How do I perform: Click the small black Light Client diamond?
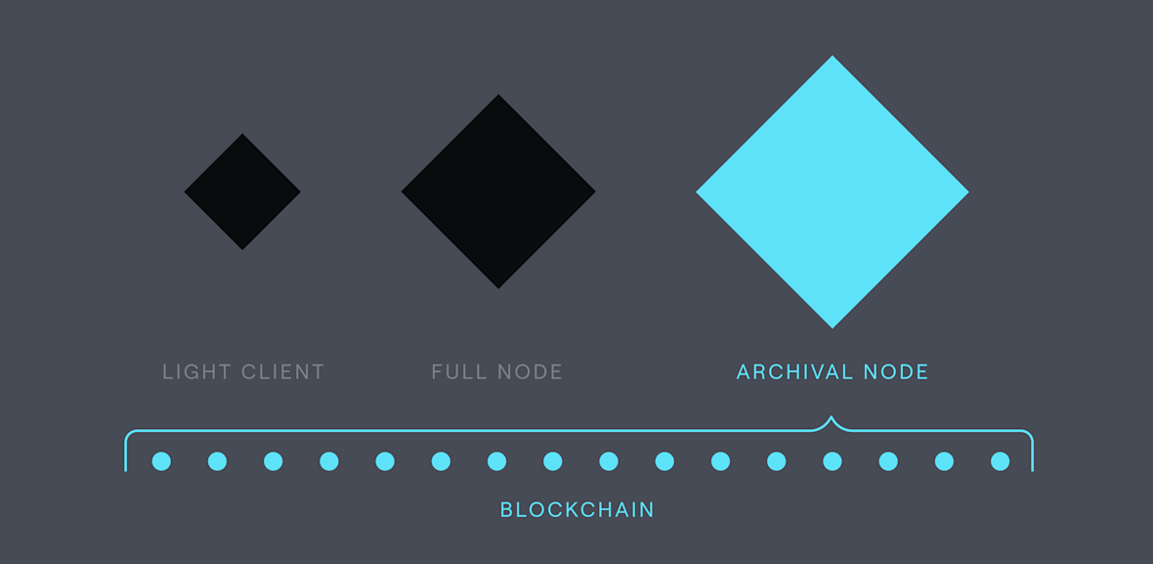point(242,192)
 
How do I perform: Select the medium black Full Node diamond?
point(498,192)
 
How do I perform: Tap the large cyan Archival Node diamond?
point(833,192)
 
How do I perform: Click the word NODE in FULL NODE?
point(529,372)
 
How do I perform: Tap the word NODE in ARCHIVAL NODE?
point(897,372)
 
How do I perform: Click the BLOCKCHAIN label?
point(576,510)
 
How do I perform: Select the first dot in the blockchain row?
point(162,461)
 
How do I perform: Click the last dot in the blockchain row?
point(1000,461)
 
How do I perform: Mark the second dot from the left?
point(218,461)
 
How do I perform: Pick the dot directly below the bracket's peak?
point(833,461)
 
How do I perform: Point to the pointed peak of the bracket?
point(833,419)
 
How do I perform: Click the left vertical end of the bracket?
point(126,455)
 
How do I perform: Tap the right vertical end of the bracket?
point(1032,455)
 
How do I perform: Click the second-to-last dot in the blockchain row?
point(944,461)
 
